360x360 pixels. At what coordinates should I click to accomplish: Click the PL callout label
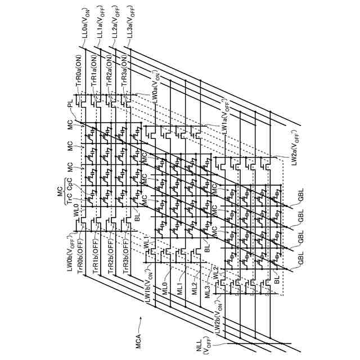70,104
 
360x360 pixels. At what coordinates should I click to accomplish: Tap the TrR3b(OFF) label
128,255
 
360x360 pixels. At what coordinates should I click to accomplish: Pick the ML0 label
165,281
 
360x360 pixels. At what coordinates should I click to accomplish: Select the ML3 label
208,292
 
